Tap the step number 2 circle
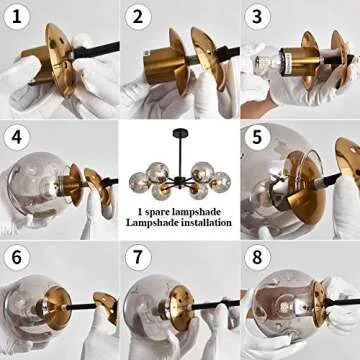tap(137, 17)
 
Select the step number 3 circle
tap(257, 17)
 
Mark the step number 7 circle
tap(137, 257)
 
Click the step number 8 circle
tap(257, 257)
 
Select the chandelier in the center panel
tap(180, 170)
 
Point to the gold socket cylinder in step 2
tap(157, 70)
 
